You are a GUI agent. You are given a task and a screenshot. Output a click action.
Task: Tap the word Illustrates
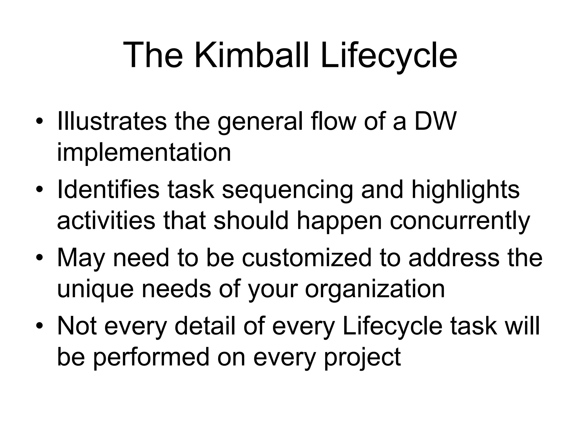point(112,121)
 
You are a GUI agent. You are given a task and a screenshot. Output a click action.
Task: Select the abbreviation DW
point(435,121)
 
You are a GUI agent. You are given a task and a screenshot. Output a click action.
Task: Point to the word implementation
point(144,152)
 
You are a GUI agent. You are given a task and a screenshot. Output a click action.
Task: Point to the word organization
point(374,290)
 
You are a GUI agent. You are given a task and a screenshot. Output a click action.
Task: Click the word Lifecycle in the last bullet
point(392,326)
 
